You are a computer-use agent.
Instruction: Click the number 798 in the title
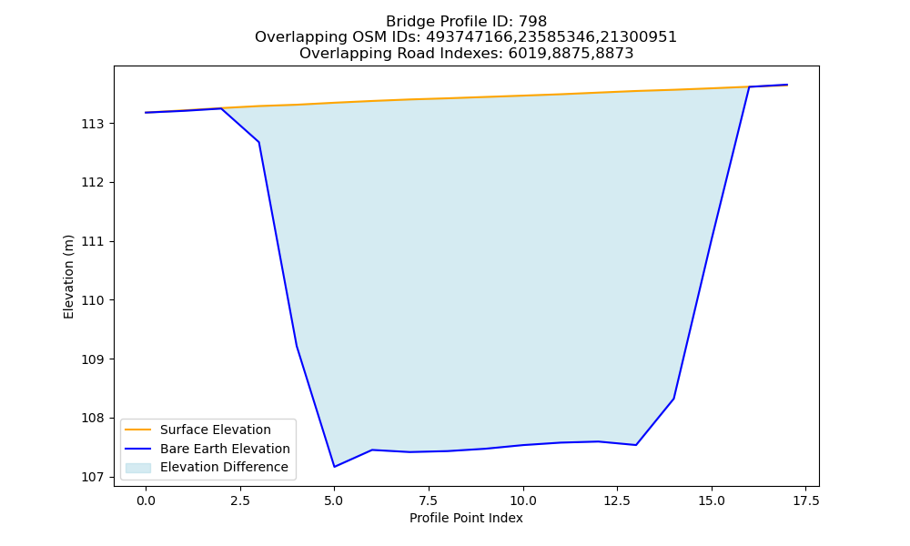tap(532, 22)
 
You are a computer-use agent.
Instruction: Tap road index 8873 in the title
tap(614, 54)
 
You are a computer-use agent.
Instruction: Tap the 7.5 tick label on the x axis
tap(429, 500)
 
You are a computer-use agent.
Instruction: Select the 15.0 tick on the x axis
tap(712, 500)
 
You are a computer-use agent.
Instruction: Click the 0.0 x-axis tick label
tap(146, 500)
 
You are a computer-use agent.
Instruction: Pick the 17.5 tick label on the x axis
tap(805, 500)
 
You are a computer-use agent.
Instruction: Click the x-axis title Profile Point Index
tap(466, 518)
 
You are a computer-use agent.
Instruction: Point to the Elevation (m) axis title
tap(68, 277)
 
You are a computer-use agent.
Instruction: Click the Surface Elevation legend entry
tap(216, 430)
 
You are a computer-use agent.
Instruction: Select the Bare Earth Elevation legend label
tap(225, 449)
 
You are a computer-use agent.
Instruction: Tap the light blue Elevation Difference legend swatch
tap(138, 467)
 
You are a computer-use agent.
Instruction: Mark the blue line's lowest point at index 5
tap(334, 467)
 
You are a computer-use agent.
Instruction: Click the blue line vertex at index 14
tap(673, 399)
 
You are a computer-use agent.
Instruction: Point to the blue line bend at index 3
tap(258, 142)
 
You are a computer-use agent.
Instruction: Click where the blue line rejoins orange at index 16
tap(749, 87)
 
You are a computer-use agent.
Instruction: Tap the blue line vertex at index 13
tap(636, 445)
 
